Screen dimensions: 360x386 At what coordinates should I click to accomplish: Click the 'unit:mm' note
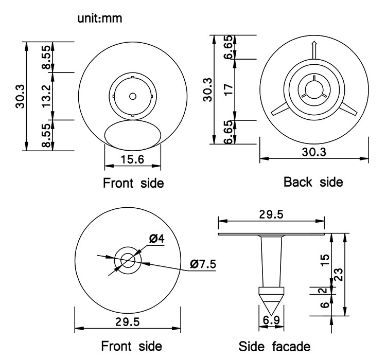(100, 20)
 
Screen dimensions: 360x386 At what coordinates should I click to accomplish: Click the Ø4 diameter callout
(156, 238)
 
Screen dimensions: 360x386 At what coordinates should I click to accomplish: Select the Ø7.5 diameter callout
(203, 264)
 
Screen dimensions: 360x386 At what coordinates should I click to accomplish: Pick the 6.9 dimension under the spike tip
(272, 320)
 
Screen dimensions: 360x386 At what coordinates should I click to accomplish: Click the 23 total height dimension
(339, 275)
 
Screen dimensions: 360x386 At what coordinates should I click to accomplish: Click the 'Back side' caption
(313, 182)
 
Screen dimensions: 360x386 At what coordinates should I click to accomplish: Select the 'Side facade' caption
(274, 345)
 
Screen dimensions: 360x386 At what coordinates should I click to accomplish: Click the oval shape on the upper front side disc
(132, 134)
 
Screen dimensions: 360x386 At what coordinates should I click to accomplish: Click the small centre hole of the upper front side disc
(132, 96)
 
